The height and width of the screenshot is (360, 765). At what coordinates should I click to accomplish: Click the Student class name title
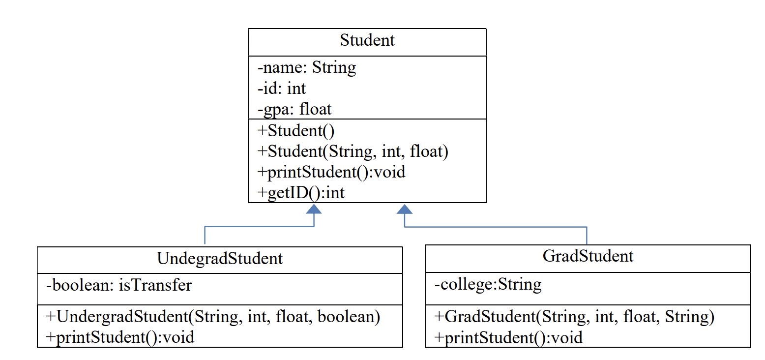(367, 40)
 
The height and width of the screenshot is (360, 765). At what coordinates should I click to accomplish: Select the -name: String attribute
(307, 67)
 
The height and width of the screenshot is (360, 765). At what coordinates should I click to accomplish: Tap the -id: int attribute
(282, 89)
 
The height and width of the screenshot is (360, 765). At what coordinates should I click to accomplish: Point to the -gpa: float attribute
(294, 109)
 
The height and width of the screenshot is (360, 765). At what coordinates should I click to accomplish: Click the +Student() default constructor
(295, 131)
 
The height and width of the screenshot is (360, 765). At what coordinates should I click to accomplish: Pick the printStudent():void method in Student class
(331, 172)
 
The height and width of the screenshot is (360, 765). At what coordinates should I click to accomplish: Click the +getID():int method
(301, 193)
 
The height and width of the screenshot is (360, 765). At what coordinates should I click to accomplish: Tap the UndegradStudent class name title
(220, 258)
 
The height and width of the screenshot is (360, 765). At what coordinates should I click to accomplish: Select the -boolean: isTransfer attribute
(118, 285)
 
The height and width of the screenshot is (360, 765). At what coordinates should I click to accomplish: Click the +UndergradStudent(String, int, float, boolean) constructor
(213, 317)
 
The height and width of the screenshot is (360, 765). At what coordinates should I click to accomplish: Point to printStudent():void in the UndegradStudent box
(120, 337)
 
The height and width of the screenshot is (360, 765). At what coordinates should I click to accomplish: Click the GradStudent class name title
(588, 256)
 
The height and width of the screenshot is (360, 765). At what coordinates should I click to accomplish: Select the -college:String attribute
(488, 284)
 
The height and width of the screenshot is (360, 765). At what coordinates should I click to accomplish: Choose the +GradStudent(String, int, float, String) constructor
(574, 317)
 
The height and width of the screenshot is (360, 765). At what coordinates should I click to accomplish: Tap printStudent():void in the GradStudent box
(508, 338)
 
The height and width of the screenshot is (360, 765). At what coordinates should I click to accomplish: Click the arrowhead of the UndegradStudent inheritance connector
(314, 209)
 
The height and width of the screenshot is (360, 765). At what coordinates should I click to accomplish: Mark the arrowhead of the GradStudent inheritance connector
(405, 209)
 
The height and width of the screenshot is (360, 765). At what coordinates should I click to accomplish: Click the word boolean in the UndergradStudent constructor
(349, 317)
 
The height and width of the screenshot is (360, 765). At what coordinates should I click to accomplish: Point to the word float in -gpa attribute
(315, 109)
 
